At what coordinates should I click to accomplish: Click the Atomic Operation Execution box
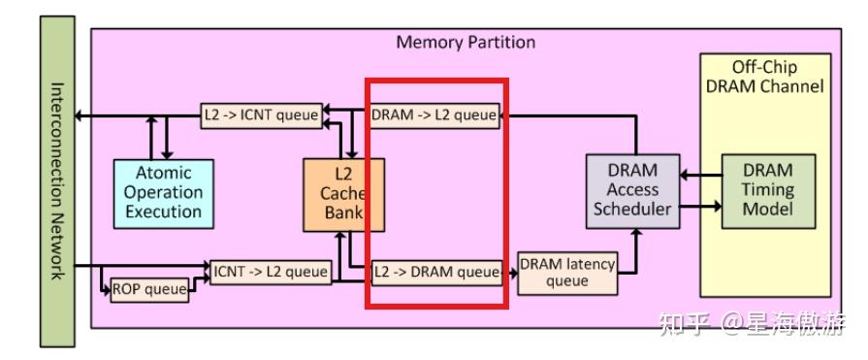point(163,192)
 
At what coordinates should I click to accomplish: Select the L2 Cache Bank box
point(343,194)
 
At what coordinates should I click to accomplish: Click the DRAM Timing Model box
point(767,190)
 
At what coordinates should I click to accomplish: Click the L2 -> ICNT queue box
point(261,115)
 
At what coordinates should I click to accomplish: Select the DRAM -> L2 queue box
point(434,115)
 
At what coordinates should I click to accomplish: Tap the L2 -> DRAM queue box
point(437,273)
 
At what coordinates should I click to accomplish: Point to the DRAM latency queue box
point(567,273)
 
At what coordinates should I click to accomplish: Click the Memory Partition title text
point(466,43)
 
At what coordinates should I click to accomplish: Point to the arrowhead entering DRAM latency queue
point(513,273)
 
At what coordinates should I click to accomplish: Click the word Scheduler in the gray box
point(632,209)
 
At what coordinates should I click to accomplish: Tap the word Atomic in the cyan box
point(163,173)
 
